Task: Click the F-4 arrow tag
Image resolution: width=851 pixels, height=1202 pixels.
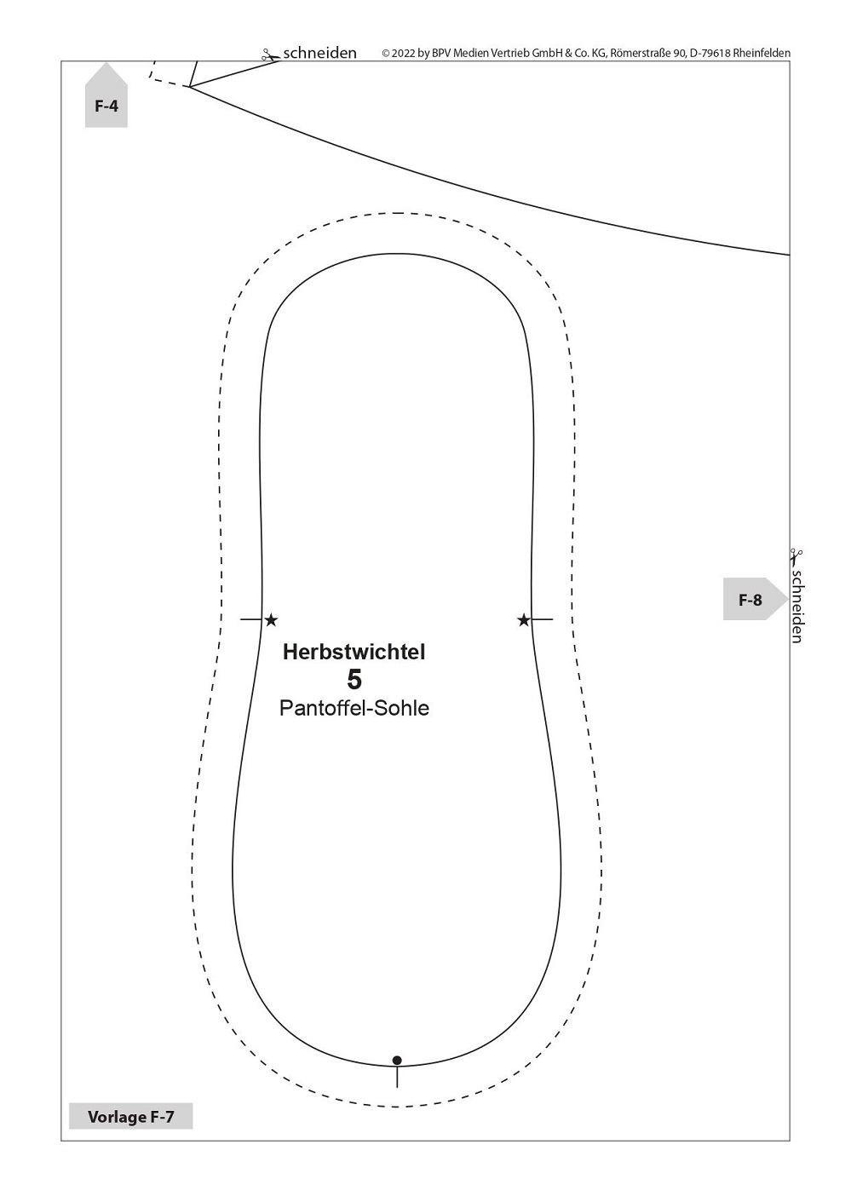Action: (106, 95)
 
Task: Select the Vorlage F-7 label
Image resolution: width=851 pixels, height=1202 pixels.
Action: (131, 1117)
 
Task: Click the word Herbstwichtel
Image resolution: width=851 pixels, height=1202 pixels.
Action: (354, 652)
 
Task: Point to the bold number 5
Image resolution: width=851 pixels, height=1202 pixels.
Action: (354, 680)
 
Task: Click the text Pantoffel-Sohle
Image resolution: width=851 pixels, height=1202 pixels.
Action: (354, 708)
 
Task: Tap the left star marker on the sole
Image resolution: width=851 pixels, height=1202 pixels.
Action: (272, 620)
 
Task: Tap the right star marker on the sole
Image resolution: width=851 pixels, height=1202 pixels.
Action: (523, 620)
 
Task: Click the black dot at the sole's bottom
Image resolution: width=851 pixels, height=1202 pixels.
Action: (397, 1061)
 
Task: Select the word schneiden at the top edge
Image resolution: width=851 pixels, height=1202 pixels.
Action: (319, 53)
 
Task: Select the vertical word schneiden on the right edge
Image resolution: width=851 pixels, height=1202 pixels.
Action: (797, 606)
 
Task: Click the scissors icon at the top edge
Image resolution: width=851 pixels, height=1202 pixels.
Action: (270, 55)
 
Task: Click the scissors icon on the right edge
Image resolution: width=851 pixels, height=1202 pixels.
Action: (796, 556)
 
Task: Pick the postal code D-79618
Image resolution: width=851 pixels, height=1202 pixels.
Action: (710, 53)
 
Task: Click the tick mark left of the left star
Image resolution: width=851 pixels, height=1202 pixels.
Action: (251, 620)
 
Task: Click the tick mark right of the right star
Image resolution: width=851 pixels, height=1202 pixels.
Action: (542, 620)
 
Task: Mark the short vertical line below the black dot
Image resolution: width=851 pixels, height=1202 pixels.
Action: (397, 1077)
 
